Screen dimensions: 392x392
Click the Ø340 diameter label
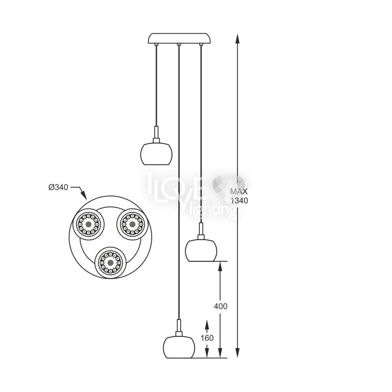coord(58,187)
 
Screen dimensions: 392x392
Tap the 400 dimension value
coord(220,306)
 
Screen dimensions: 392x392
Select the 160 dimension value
coord(207,338)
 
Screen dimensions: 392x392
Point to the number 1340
coord(239,200)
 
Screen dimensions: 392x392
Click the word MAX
coord(239,192)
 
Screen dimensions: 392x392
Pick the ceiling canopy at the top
coord(179,38)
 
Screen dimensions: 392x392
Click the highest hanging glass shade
coord(156,154)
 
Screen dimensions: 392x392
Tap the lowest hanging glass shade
coord(179,347)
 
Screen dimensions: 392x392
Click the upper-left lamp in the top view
coord(88,224)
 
